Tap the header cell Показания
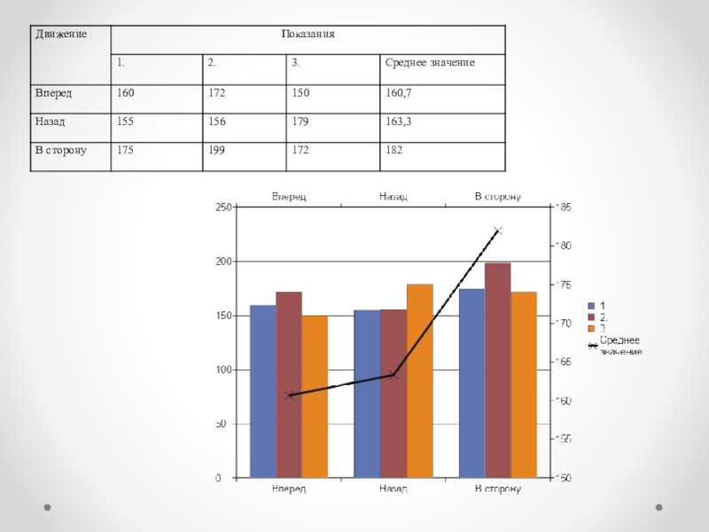[x=308, y=35]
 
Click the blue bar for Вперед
[x=262, y=391]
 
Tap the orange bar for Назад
[x=419, y=380]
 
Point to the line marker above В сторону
[x=498, y=231]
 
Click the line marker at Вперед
[x=289, y=395]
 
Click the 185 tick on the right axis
[x=564, y=207]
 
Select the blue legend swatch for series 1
[x=592, y=305]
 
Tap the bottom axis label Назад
[x=393, y=489]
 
